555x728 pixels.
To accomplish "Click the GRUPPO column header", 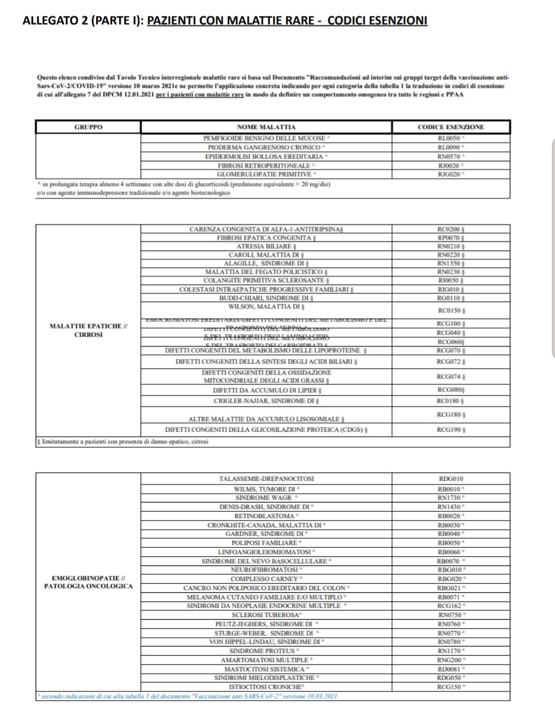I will point(88,127).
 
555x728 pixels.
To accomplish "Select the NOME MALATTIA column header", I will point(266,127).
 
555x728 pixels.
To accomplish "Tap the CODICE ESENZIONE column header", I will point(451,127).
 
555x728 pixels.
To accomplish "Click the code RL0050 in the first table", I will point(450,138).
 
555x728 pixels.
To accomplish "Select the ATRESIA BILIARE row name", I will point(266,246).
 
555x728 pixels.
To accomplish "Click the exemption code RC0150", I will point(450,311).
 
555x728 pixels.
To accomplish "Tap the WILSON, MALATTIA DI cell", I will point(266,306).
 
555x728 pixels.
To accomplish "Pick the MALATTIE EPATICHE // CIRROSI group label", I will point(88,330).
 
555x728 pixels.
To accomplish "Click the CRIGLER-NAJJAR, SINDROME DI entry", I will point(266,401).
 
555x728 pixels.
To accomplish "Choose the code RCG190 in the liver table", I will point(450,430).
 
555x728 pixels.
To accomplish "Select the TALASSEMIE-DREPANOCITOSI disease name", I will point(266,479).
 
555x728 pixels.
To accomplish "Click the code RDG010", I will point(450,479).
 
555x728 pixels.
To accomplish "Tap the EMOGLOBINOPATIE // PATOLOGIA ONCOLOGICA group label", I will point(88,582).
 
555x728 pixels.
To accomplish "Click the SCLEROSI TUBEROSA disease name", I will point(266,615).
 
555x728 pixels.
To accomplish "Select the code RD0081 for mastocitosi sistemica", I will point(450,669).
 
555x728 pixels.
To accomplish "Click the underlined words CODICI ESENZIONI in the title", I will point(377,21).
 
